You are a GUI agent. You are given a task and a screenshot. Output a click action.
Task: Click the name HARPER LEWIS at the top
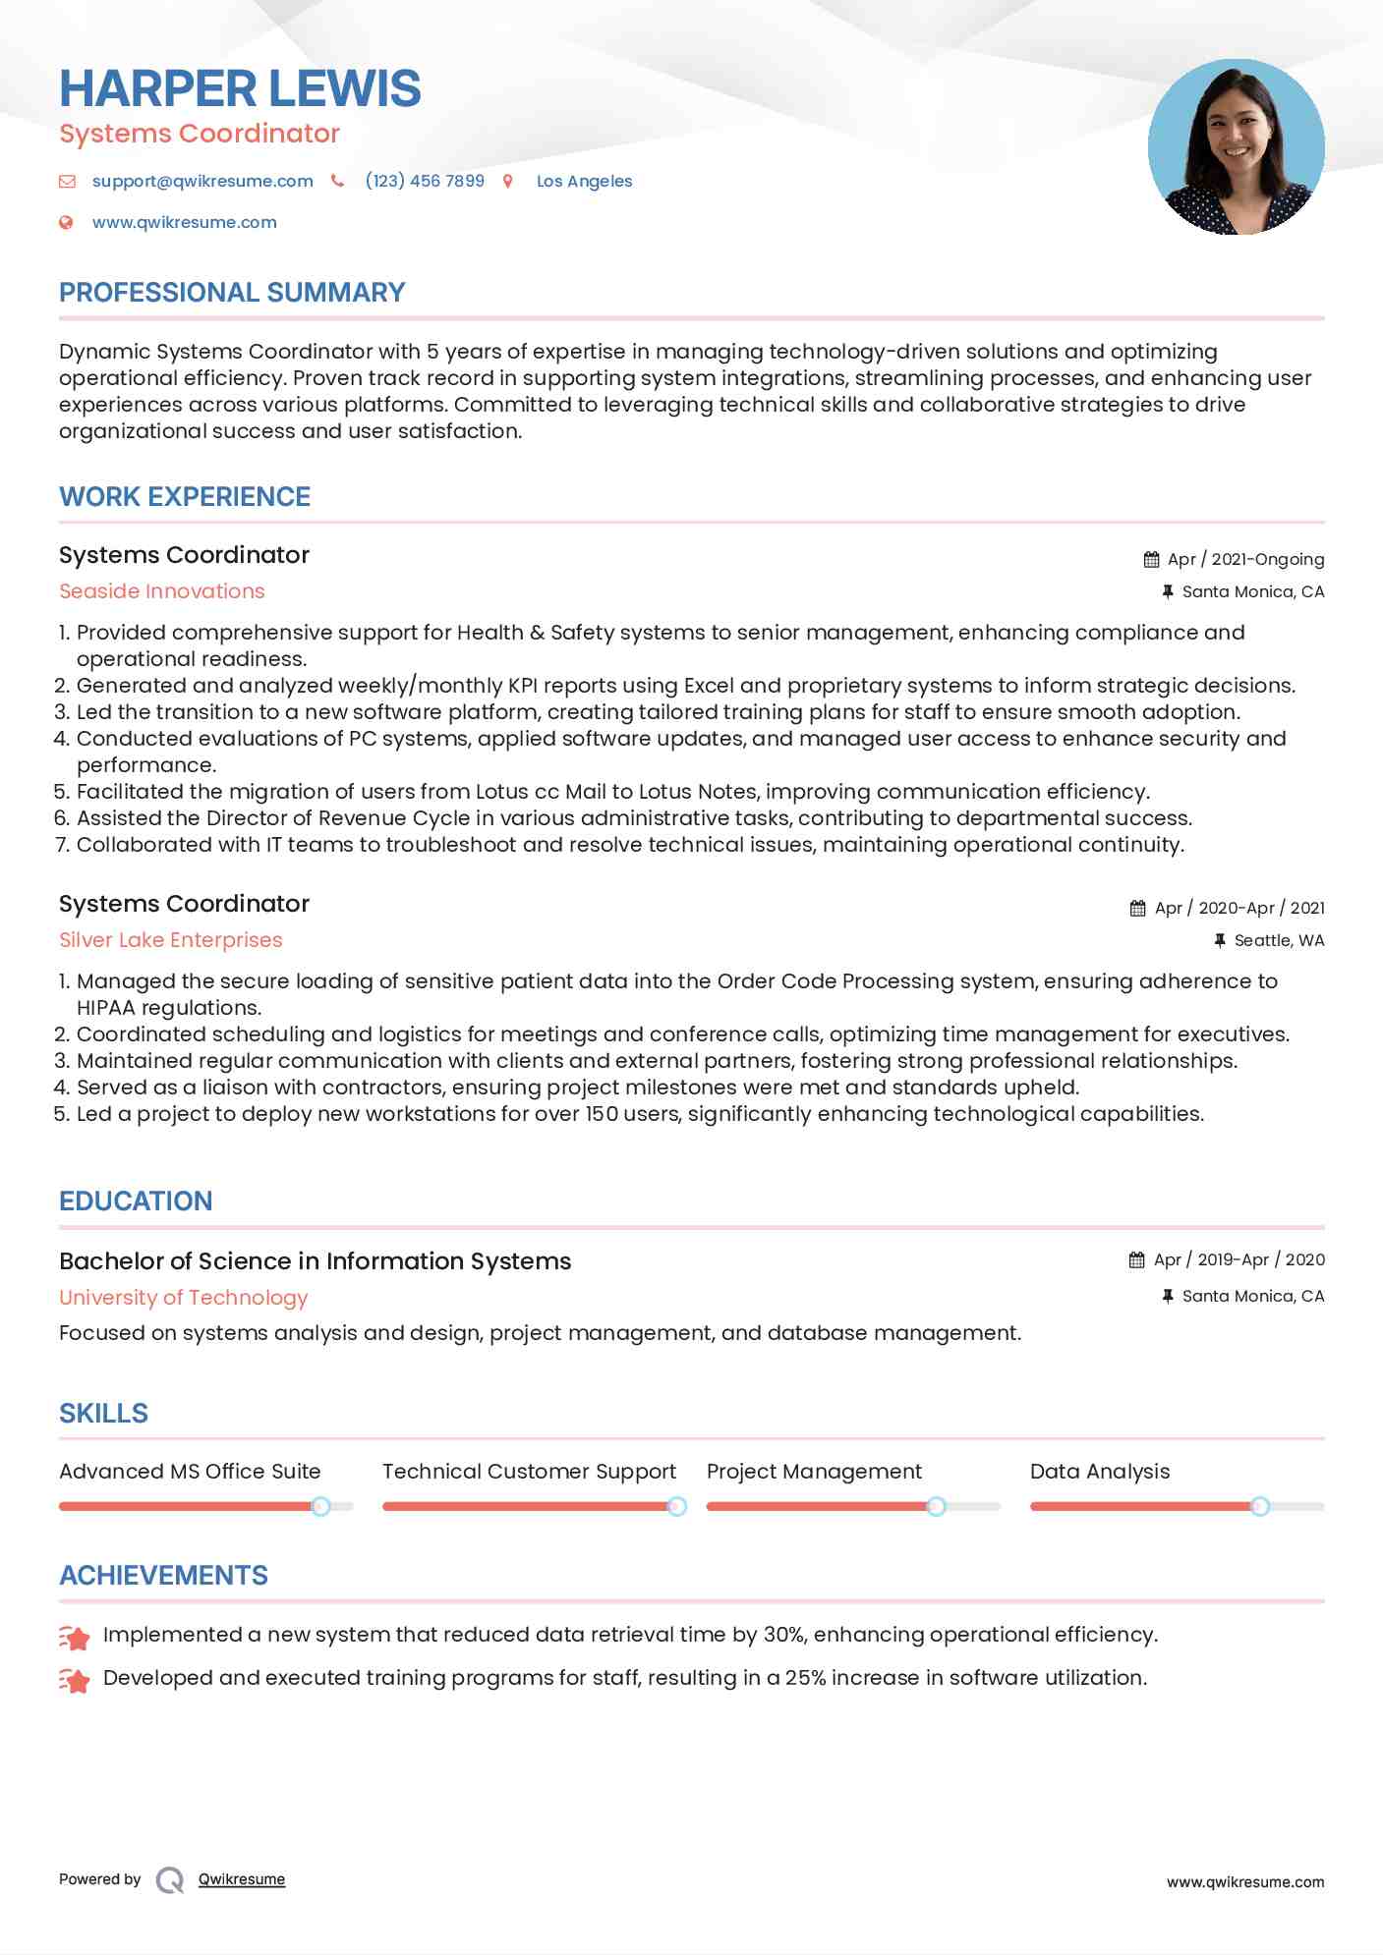point(240,88)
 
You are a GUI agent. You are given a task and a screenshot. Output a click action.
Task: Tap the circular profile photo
point(1236,147)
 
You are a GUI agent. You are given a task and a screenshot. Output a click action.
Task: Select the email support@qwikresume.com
point(202,181)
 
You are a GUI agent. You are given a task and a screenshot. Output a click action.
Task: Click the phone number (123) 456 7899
point(425,181)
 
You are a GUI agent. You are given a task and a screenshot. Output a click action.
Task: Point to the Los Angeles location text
point(584,181)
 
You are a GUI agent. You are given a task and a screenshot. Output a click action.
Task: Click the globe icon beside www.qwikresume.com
point(66,222)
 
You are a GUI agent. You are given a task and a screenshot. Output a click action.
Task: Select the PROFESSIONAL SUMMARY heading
point(232,293)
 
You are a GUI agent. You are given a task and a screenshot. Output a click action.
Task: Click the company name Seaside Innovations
point(162,591)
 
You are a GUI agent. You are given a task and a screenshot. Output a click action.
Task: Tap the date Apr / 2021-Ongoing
point(1245,559)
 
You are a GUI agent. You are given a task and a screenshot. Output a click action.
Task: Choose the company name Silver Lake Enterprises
point(171,940)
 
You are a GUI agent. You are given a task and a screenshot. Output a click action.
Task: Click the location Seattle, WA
point(1279,940)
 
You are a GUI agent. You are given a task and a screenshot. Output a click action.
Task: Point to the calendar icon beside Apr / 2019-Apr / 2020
point(1137,1259)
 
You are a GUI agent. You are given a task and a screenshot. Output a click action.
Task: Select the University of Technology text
point(184,1298)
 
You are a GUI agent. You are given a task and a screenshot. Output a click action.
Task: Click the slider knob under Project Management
point(936,1506)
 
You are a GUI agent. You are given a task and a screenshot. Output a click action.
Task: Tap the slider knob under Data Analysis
point(1260,1506)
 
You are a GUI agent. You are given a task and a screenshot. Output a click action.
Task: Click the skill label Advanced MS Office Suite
point(190,1472)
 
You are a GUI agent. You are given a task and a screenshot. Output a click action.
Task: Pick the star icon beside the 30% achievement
point(75,1637)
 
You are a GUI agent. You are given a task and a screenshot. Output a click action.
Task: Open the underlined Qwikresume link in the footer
point(242,1879)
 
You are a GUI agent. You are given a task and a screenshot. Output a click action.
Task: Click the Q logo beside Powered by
point(170,1880)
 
